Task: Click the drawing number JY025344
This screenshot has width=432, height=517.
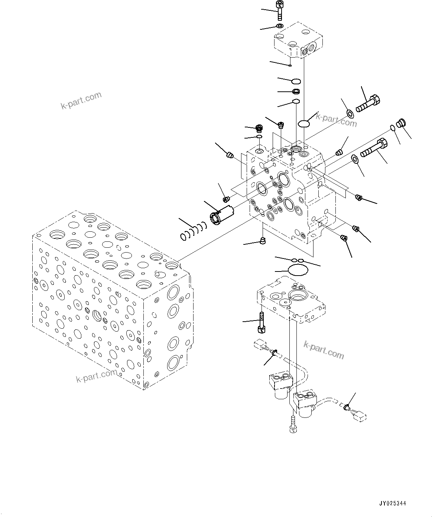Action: [x=392, y=504]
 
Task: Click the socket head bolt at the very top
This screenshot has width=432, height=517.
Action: [x=279, y=10]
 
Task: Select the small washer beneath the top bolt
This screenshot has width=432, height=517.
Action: [x=279, y=26]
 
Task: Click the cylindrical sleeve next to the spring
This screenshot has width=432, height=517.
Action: [x=221, y=216]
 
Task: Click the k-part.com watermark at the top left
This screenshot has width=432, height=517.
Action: [x=81, y=101]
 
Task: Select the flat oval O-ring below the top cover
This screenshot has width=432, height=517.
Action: [x=304, y=123]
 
